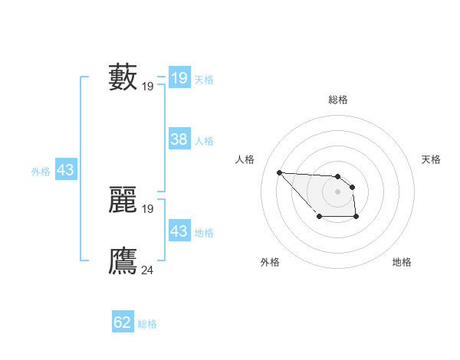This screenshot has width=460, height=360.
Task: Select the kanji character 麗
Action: click(x=123, y=200)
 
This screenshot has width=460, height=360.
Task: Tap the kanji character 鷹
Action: click(x=123, y=260)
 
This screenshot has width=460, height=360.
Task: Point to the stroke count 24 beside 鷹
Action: click(x=148, y=269)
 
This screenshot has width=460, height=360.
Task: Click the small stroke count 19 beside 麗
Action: click(x=148, y=208)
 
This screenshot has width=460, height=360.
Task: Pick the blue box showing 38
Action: click(x=179, y=139)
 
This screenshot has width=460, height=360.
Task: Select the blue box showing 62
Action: click(x=123, y=322)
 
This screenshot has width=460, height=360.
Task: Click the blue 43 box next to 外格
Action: click(x=65, y=170)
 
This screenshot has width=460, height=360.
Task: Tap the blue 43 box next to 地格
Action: click(x=179, y=231)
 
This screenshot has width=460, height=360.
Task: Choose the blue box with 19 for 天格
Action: click(x=179, y=78)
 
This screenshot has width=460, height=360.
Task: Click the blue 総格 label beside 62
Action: click(x=147, y=324)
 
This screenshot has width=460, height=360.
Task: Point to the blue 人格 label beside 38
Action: click(x=204, y=141)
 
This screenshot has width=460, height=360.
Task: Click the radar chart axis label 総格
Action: click(x=337, y=100)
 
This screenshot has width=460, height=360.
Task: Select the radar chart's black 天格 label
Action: click(x=431, y=159)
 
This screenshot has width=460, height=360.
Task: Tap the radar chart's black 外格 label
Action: click(x=270, y=262)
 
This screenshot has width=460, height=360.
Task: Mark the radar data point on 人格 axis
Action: click(x=279, y=172)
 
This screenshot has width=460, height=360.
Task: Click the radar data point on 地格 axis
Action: click(x=356, y=218)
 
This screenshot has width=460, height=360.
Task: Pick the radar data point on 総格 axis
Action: click(x=337, y=176)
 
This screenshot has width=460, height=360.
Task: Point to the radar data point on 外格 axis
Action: click(x=319, y=218)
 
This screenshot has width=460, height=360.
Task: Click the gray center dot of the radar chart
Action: click(x=337, y=191)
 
